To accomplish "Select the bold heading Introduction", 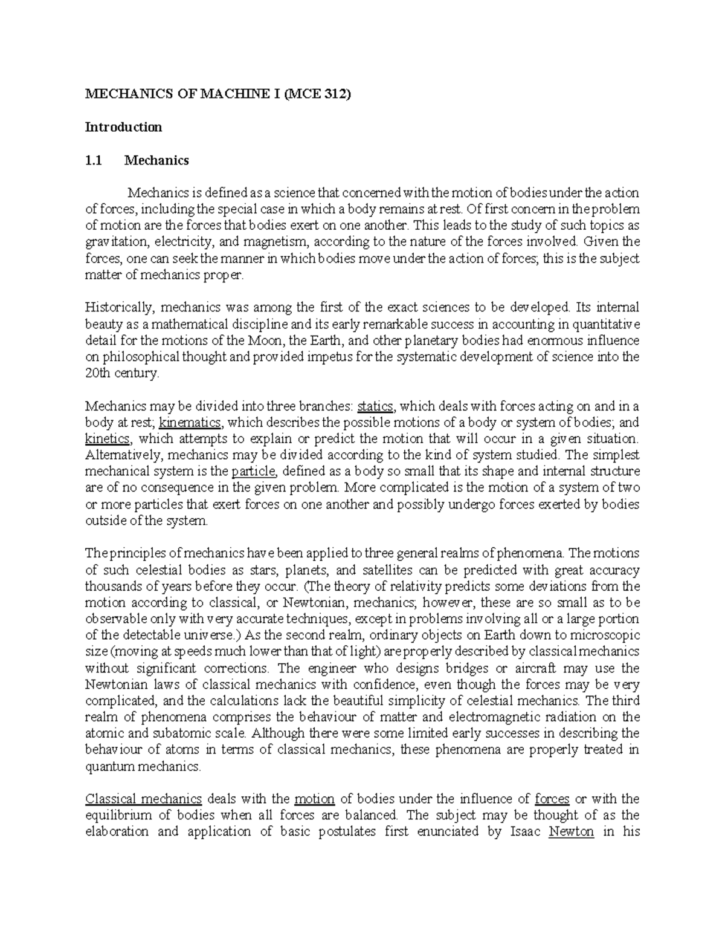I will [123, 127].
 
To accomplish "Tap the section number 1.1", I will [94, 160].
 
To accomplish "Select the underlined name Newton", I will [571, 832].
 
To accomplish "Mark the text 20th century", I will [122, 373].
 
